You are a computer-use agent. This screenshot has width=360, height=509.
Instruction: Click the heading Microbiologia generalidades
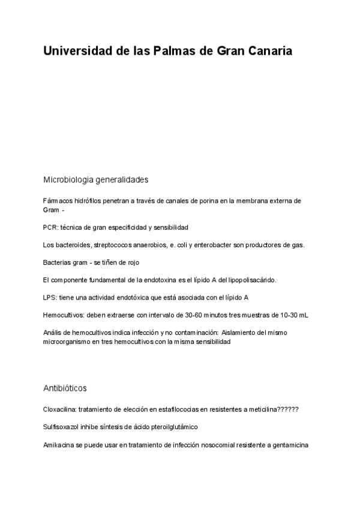[x=95, y=179]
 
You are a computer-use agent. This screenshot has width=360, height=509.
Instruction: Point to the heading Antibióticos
[x=65, y=388]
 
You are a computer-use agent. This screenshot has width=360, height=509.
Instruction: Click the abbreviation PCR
[x=50, y=227]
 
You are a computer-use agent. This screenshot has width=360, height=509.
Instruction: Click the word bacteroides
[x=74, y=245]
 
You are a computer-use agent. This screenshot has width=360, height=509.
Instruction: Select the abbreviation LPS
[x=50, y=297]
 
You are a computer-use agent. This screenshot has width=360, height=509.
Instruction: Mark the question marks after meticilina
[x=287, y=409]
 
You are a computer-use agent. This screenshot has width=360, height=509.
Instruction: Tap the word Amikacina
[x=59, y=445]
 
